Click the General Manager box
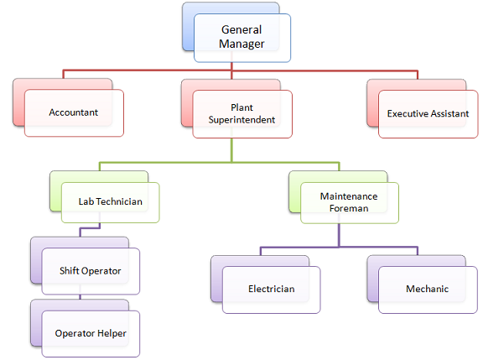coord(241,37)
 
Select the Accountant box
coord(74,112)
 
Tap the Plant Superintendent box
coord(241,113)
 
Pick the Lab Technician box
coord(110,202)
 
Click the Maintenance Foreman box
coord(349,202)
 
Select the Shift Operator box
coord(90,270)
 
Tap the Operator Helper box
coord(90,333)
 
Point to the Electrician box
coord(271,290)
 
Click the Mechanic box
coord(427,290)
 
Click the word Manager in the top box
coord(241,44)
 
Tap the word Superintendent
coord(241,119)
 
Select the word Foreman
coord(349,208)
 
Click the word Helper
coord(109,333)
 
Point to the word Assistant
coord(445,112)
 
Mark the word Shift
coord(70,270)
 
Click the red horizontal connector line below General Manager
coord(151,71)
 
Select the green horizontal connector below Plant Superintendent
coord(168,161)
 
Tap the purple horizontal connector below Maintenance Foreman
coord(302,248)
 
